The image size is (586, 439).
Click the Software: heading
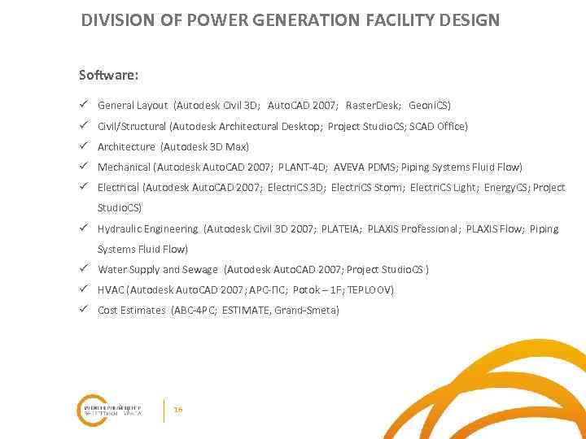pos(108,76)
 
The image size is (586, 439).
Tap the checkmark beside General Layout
pos(83,105)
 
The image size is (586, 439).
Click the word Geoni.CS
pos(429,106)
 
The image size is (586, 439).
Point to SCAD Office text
pos(439,126)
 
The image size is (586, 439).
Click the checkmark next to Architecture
pos(83,146)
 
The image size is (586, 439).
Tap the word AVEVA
pos(350,167)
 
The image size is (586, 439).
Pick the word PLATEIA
pos(340,229)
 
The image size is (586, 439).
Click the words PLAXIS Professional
pos(413,229)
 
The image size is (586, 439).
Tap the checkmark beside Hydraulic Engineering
pos(83,228)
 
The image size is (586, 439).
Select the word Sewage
pos(201,270)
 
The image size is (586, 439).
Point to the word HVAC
pos(111,290)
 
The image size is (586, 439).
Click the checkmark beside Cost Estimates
pos(83,310)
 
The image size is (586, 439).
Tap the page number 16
pos(178,410)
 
